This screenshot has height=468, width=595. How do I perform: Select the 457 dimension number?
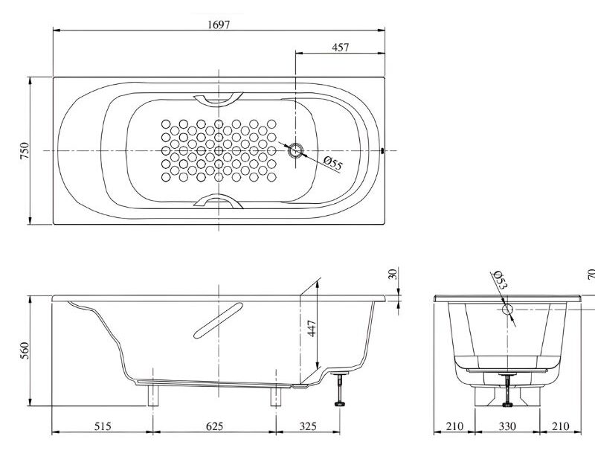click(x=340, y=47)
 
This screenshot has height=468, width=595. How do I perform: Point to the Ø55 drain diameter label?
click(x=333, y=164)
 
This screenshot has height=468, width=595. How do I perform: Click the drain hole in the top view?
click(x=296, y=150)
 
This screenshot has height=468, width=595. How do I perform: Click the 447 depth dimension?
click(x=312, y=327)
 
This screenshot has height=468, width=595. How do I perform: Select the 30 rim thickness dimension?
click(x=393, y=273)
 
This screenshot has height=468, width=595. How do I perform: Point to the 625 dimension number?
click(x=213, y=426)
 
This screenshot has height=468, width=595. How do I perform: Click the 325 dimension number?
click(x=308, y=426)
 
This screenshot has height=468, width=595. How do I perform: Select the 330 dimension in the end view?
click(x=506, y=426)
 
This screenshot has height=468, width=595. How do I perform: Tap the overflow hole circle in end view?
click(x=508, y=310)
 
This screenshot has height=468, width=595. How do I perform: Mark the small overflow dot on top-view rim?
click(x=382, y=150)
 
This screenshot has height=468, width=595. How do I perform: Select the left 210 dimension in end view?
click(x=454, y=426)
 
